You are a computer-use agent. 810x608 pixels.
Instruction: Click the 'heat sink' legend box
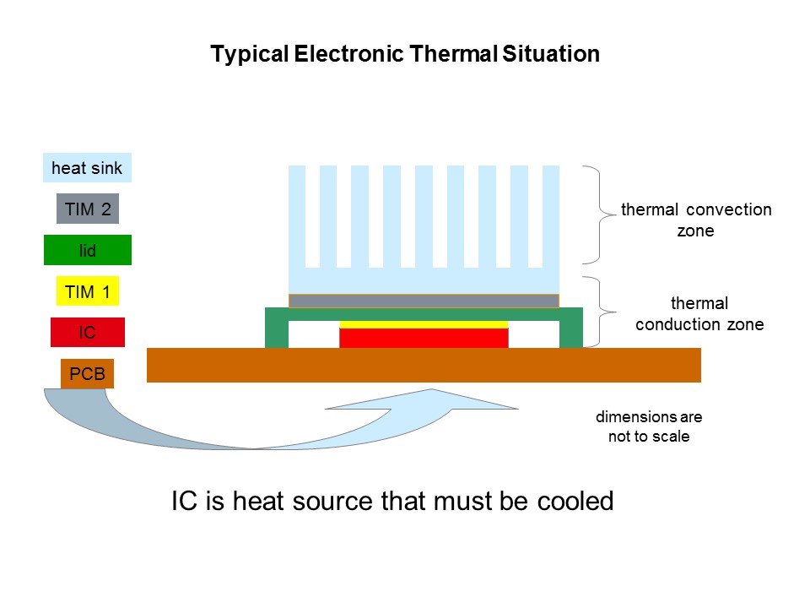pos(87,167)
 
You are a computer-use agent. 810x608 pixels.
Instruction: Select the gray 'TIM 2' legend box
pos(88,209)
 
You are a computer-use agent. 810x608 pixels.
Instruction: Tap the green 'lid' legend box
pos(88,250)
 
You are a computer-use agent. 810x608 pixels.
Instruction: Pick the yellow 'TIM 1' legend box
pos(88,291)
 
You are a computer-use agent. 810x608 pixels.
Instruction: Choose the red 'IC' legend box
pos(88,332)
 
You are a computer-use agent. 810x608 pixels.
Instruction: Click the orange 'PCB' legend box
pos(87,373)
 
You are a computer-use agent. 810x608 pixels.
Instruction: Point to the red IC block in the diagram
pos(424,338)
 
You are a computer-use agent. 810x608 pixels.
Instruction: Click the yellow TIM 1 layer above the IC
pos(424,324)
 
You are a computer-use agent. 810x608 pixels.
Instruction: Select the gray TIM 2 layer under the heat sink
pos(424,301)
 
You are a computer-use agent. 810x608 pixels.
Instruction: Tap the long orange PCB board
pos(424,365)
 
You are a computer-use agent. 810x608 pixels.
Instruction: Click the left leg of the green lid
pos(277,328)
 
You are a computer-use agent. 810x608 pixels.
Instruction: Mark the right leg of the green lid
pos(571,328)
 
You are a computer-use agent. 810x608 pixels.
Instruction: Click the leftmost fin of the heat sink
pos(297,217)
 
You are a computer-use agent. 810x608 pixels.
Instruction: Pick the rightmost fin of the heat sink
pos(551,217)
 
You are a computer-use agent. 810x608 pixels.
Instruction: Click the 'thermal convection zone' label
pos(696,220)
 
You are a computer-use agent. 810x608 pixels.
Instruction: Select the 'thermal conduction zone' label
pos(699,313)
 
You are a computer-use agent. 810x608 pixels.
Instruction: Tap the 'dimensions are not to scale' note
pos(649,426)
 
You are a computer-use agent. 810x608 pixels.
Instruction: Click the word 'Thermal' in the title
pos(454,54)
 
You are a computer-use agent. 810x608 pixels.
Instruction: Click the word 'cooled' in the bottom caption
pos(575,501)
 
